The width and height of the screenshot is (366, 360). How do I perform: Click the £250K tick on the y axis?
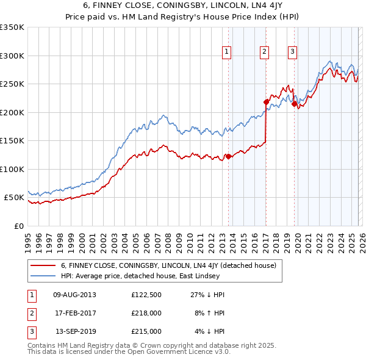coord(12,84)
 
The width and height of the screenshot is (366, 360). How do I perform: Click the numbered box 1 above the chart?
coord(226,52)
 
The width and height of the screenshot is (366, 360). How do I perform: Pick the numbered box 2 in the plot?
coord(265,52)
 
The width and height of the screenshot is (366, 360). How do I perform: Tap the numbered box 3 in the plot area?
coord(293,52)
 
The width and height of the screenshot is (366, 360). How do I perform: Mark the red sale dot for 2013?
coord(228,156)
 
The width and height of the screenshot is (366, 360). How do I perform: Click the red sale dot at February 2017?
coord(266,102)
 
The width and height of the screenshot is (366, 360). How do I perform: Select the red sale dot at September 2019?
coord(294,104)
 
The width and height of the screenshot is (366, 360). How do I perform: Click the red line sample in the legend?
coord(43,265)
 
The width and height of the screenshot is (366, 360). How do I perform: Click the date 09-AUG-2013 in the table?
coord(75,294)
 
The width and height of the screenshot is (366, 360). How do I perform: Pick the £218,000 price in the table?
coord(146,313)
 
